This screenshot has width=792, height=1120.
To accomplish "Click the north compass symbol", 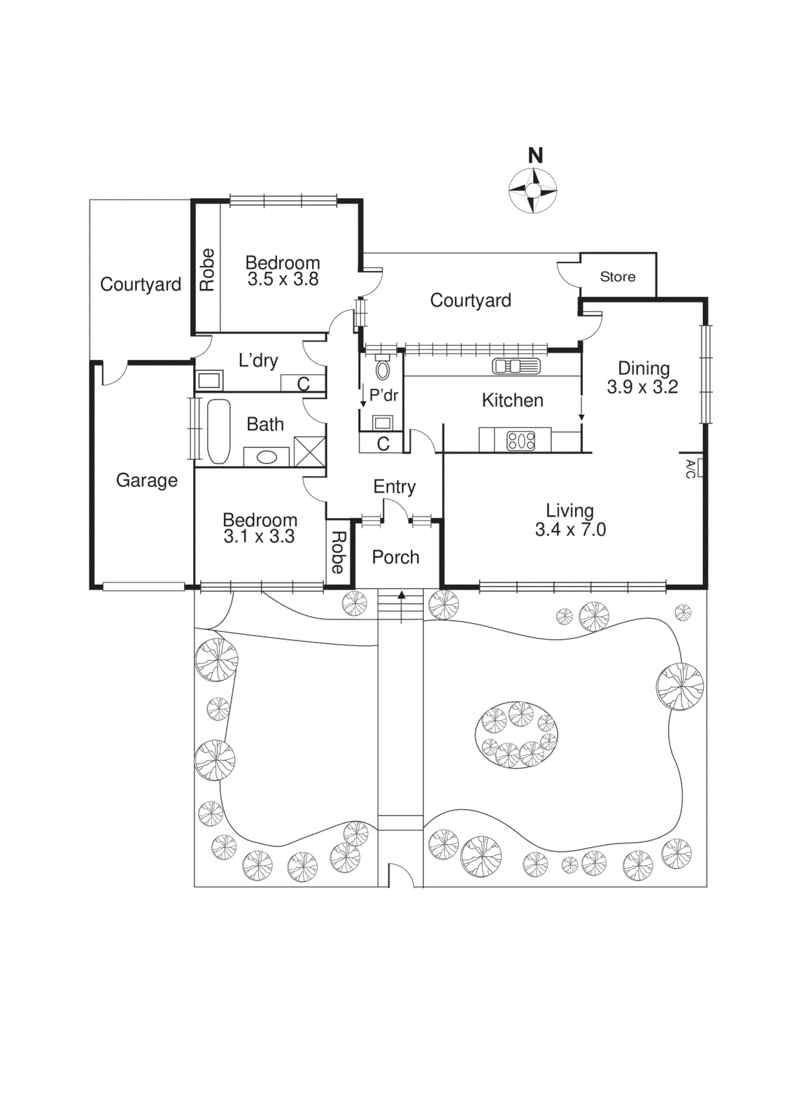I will coord(532,190).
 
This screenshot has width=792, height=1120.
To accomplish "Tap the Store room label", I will coord(618,276).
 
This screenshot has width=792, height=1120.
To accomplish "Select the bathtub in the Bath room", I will coord(218,431).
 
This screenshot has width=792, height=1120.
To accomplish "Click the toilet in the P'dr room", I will coord(383,369).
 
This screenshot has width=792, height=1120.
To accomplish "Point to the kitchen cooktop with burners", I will coord(521,440).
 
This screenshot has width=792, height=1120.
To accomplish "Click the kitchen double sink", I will coord(516,366).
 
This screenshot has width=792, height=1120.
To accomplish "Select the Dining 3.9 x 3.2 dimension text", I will coord(642,387).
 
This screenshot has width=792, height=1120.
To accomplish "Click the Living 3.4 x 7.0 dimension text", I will coord(570,530).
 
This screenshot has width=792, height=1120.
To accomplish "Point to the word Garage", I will coord(147,480).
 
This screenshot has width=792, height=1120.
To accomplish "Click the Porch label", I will coord(395,557).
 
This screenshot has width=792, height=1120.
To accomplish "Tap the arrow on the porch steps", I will coord(402,596).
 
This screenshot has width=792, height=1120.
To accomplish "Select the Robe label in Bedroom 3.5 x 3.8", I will coord(207,269).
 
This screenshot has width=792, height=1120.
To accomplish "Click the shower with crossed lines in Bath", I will coord(309,451).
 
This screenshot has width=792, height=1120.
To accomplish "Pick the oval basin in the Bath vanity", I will coord(267,457).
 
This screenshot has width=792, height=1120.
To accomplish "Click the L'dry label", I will coord(258,360).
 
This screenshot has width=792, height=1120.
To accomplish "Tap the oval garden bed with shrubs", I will coord(516,736).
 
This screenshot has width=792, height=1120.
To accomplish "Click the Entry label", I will coord(395,486).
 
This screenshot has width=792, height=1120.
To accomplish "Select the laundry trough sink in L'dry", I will coord(209,381).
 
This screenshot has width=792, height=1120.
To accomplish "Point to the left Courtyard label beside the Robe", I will coord(140,284).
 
